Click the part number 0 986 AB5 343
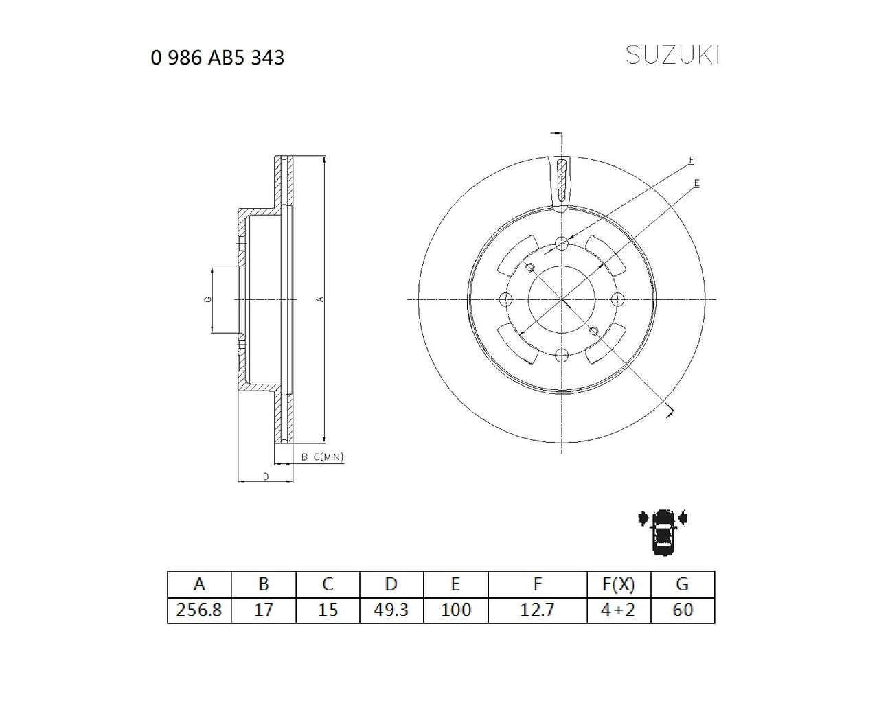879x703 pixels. click(217, 58)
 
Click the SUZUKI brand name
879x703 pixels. click(672, 56)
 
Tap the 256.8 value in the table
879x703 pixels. click(199, 610)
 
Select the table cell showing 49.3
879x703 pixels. click(391, 610)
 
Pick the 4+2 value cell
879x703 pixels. click(618, 610)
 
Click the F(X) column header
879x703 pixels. click(618, 584)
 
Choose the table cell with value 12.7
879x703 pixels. click(537, 610)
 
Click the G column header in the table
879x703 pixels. click(682, 584)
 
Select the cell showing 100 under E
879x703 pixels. click(455, 610)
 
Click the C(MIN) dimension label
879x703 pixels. click(328, 457)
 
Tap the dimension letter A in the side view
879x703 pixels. click(319, 299)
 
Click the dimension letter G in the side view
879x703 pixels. click(206, 299)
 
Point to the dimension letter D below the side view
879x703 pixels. click(265, 476)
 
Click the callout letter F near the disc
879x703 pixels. click(691, 161)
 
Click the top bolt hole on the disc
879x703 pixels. click(562, 243)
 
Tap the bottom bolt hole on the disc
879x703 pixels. click(562, 355)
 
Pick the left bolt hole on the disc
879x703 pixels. click(506, 299)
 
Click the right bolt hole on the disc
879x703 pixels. click(617, 299)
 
